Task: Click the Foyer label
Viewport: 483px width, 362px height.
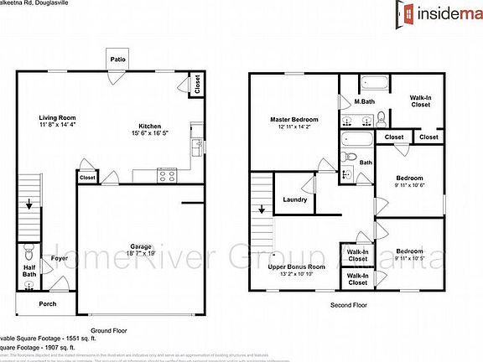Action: (x=59, y=259)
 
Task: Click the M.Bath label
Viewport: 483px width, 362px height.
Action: (x=363, y=102)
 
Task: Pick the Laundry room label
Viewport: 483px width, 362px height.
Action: (x=295, y=199)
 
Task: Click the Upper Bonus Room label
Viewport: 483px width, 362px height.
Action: (x=295, y=266)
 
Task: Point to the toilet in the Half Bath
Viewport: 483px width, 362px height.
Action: (x=29, y=250)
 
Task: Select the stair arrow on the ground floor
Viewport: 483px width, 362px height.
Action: (x=29, y=204)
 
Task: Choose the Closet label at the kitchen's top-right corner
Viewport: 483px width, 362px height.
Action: (x=197, y=84)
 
